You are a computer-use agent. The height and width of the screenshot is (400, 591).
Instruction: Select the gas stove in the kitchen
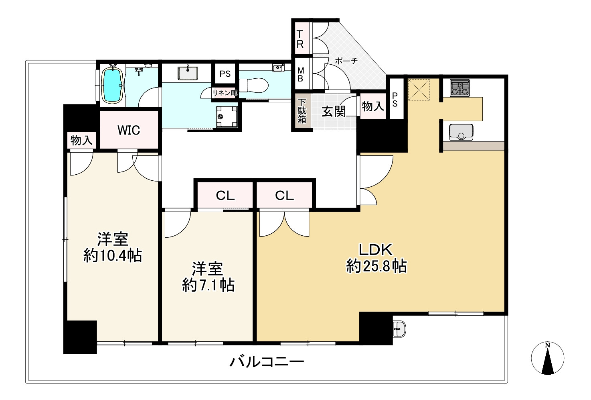coord(459,88)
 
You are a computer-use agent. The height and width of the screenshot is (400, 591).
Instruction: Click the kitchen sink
coord(461,132)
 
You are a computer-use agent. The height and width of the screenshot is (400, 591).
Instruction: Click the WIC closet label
coord(129,130)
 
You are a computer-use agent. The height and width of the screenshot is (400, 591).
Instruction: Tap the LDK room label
coord(375,250)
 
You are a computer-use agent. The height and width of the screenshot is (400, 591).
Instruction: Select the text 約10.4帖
coord(113,255)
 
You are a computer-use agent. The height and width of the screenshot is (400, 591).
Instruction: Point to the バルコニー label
coord(267,362)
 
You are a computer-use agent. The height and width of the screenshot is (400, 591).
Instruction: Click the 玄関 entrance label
coord(334,111)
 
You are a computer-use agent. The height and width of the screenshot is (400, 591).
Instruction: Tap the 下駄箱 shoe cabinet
coord(302,112)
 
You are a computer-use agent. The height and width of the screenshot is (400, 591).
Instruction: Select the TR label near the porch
coord(300,39)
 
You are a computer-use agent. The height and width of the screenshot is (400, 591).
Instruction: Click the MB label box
coord(300,74)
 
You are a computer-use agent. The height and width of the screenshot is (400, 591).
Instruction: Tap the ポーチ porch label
coord(346,61)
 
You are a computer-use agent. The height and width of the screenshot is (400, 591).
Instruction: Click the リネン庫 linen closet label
coord(225,92)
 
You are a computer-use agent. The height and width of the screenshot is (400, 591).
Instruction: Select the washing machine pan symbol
coord(227,116)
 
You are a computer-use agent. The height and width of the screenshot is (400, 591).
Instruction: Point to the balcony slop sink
coord(399,329)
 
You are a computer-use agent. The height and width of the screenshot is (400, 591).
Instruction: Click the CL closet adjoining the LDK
coord(284,196)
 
